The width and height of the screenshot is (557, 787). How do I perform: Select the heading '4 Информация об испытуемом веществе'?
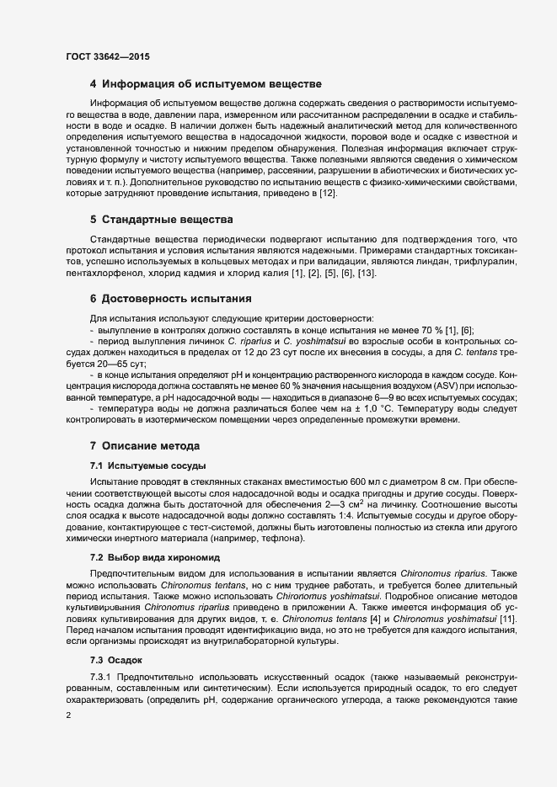[x=206, y=84]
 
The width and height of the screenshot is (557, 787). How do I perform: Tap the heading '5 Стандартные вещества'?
[x=160, y=220]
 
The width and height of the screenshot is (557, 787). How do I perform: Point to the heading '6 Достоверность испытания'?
[x=171, y=299]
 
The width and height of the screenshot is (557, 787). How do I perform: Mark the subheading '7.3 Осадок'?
[x=116, y=659]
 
